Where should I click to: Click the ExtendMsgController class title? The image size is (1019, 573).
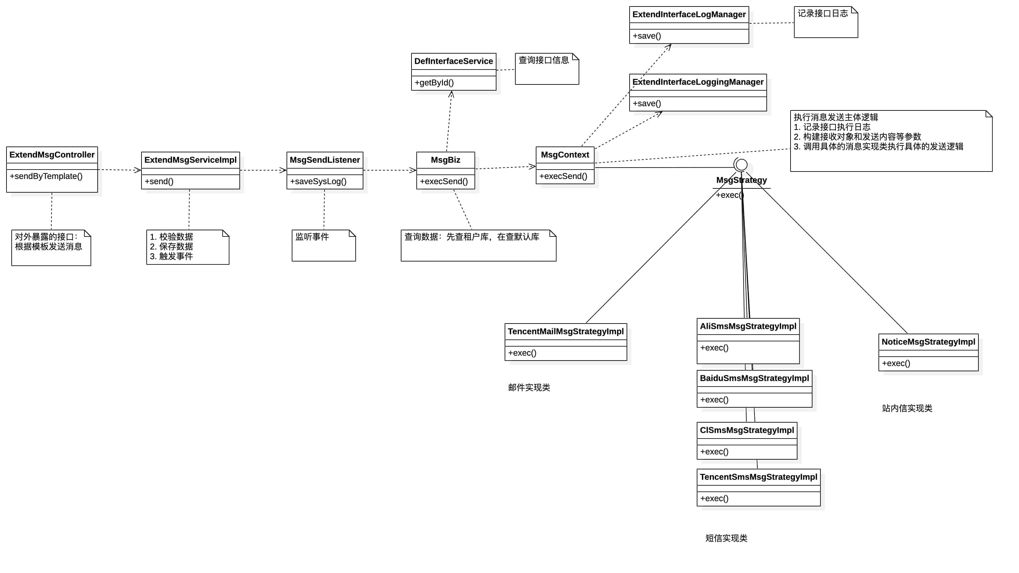[x=52, y=155]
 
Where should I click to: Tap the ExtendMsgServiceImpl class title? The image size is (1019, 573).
[x=190, y=160]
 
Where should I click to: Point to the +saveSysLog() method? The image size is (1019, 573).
[x=318, y=181]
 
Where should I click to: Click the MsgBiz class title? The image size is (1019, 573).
[x=446, y=160]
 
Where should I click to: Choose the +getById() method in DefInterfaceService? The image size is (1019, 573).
[x=434, y=83]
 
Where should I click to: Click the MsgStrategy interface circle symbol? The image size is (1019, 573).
[x=741, y=164]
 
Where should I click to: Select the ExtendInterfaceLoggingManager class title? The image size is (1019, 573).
[x=698, y=82]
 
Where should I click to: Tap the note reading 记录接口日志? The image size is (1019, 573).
[x=823, y=13]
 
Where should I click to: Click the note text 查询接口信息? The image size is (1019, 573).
[x=544, y=60]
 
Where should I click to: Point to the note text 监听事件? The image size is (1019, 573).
[x=312, y=237]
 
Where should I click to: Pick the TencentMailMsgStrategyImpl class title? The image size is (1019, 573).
[x=566, y=331]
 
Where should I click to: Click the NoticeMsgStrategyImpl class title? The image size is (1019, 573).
[x=928, y=342]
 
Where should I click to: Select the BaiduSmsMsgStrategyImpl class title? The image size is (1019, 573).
[x=754, y=378]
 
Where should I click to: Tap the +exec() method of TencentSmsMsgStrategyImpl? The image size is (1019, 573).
[x=714, y=499]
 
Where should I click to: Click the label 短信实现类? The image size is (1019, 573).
[x=726, y=538]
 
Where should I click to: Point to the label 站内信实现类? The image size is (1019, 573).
[x=907, y=408]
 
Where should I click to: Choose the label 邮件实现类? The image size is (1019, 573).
[x=529, y=388]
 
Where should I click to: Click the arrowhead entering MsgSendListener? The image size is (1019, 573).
[x=283, y=170]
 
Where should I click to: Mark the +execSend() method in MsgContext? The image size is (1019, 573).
[x=563, y=176]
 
